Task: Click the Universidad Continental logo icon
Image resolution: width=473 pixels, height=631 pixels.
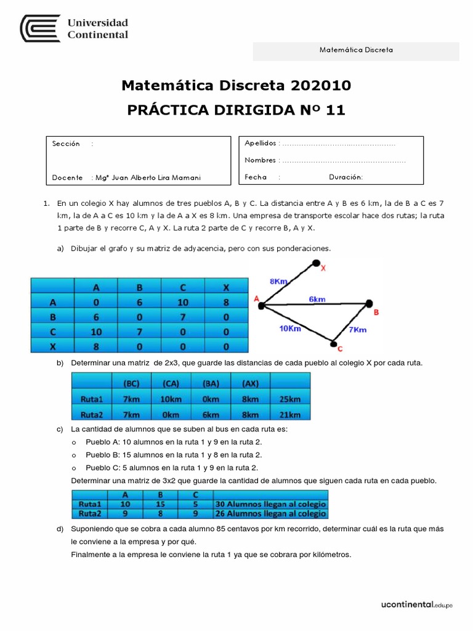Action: click(40, 29)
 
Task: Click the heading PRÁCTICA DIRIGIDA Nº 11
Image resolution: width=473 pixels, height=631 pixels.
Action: click(236, 110)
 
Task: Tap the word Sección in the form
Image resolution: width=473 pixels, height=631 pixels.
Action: click(67, 144)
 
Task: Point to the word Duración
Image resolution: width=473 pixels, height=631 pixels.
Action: click(346, 177)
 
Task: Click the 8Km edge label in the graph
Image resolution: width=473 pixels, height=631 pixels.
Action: click(279, 281)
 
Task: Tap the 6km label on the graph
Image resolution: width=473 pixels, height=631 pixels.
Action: click(317, 299)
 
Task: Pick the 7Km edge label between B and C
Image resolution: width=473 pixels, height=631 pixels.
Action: click(357, 329)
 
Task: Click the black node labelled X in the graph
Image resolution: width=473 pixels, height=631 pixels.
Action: click(317, 264)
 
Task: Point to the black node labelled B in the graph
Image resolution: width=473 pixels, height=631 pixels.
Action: click(369, 303)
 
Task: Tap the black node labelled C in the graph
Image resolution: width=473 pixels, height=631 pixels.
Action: click(333, 344)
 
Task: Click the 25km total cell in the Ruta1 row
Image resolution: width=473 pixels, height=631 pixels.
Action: click(289, 398)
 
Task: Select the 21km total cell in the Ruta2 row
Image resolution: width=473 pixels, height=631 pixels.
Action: click(289, 414)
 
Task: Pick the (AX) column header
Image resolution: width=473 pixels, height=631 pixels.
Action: click(251, 382)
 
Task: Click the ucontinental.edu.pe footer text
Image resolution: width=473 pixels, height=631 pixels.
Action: click(416, 606)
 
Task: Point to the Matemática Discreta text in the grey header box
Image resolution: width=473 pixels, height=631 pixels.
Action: click(356, 51)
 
